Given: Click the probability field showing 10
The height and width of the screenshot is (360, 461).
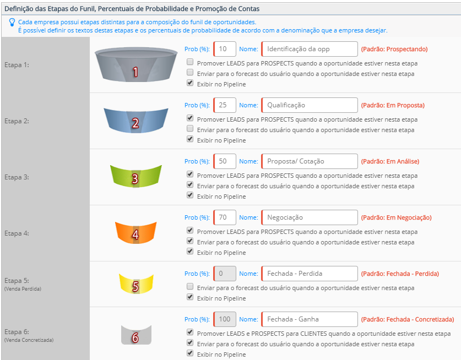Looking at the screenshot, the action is (225, 49).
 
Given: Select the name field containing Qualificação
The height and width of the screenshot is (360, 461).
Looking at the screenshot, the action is (310, 105).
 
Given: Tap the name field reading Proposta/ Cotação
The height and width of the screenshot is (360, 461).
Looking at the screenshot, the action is (310, 161).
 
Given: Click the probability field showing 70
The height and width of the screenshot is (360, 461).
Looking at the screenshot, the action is (225, 217).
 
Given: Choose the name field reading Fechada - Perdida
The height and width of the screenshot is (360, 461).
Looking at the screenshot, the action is (310, 274).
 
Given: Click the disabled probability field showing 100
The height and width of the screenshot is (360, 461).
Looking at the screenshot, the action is (225, 319).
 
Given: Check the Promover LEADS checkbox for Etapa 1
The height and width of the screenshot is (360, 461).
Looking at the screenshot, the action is (190, 62).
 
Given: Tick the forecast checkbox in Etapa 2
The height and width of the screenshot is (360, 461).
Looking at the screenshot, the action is (190, 128).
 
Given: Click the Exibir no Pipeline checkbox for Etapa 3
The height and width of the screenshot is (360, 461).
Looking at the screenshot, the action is (190, 195).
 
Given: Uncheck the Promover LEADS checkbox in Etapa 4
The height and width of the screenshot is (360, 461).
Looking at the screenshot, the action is (190, 230).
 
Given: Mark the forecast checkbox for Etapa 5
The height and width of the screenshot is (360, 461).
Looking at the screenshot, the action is (190, 286).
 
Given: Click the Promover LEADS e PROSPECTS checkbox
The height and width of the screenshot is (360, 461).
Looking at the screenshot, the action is (190, 332).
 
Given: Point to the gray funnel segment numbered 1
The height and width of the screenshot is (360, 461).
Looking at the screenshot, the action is (136, 64).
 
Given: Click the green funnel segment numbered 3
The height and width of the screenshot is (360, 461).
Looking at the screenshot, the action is (136, 176).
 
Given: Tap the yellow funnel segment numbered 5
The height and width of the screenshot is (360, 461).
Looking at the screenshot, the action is (136, 284).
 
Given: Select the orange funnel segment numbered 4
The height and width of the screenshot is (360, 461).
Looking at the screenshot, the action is (136, 233).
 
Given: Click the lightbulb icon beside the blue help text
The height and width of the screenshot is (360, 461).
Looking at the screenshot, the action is (12, 23).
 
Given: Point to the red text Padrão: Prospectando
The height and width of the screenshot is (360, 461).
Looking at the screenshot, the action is (394, 49).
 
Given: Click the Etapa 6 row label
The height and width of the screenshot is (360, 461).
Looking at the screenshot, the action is (17, 332).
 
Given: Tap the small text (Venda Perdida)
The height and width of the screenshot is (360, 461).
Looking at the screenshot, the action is (23, 289).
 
